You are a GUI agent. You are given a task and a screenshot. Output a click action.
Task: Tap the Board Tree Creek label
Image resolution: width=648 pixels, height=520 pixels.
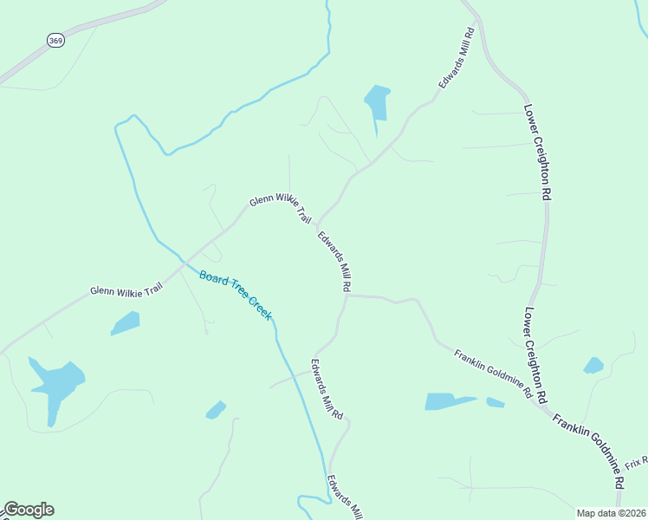pos(236,296)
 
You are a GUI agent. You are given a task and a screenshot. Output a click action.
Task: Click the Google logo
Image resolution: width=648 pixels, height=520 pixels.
pos(29,510)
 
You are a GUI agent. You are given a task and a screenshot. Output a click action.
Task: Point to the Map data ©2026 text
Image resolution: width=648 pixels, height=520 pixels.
pos(611,513)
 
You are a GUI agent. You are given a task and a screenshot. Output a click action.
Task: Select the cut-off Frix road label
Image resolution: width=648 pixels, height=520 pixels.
pos(636,463)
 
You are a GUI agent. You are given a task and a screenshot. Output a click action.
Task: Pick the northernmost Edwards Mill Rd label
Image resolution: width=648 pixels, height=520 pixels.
pos(457,58)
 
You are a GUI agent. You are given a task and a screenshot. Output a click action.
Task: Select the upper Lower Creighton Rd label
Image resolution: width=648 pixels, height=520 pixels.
pos(537,153)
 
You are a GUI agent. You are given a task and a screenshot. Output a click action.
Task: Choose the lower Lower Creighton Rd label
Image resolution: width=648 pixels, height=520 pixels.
pos(535,354)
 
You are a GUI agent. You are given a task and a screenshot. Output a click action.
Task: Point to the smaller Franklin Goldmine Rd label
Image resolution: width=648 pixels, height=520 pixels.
pos(493,373)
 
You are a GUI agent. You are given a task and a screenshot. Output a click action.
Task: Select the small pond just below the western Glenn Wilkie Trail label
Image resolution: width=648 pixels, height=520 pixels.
pos(126,323)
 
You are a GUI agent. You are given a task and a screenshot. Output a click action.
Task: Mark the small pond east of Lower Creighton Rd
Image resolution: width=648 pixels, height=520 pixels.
pos(593,366)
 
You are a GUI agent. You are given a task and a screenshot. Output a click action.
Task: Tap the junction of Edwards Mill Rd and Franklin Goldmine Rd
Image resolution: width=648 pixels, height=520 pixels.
pos(347,296)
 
